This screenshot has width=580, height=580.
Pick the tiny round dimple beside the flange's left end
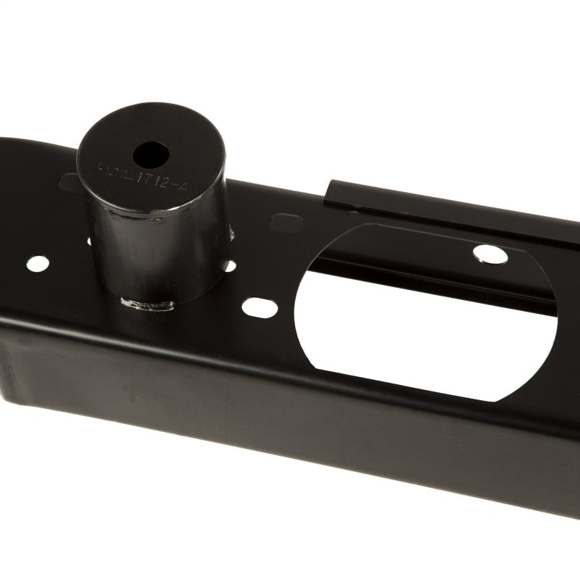click(353, 215)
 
